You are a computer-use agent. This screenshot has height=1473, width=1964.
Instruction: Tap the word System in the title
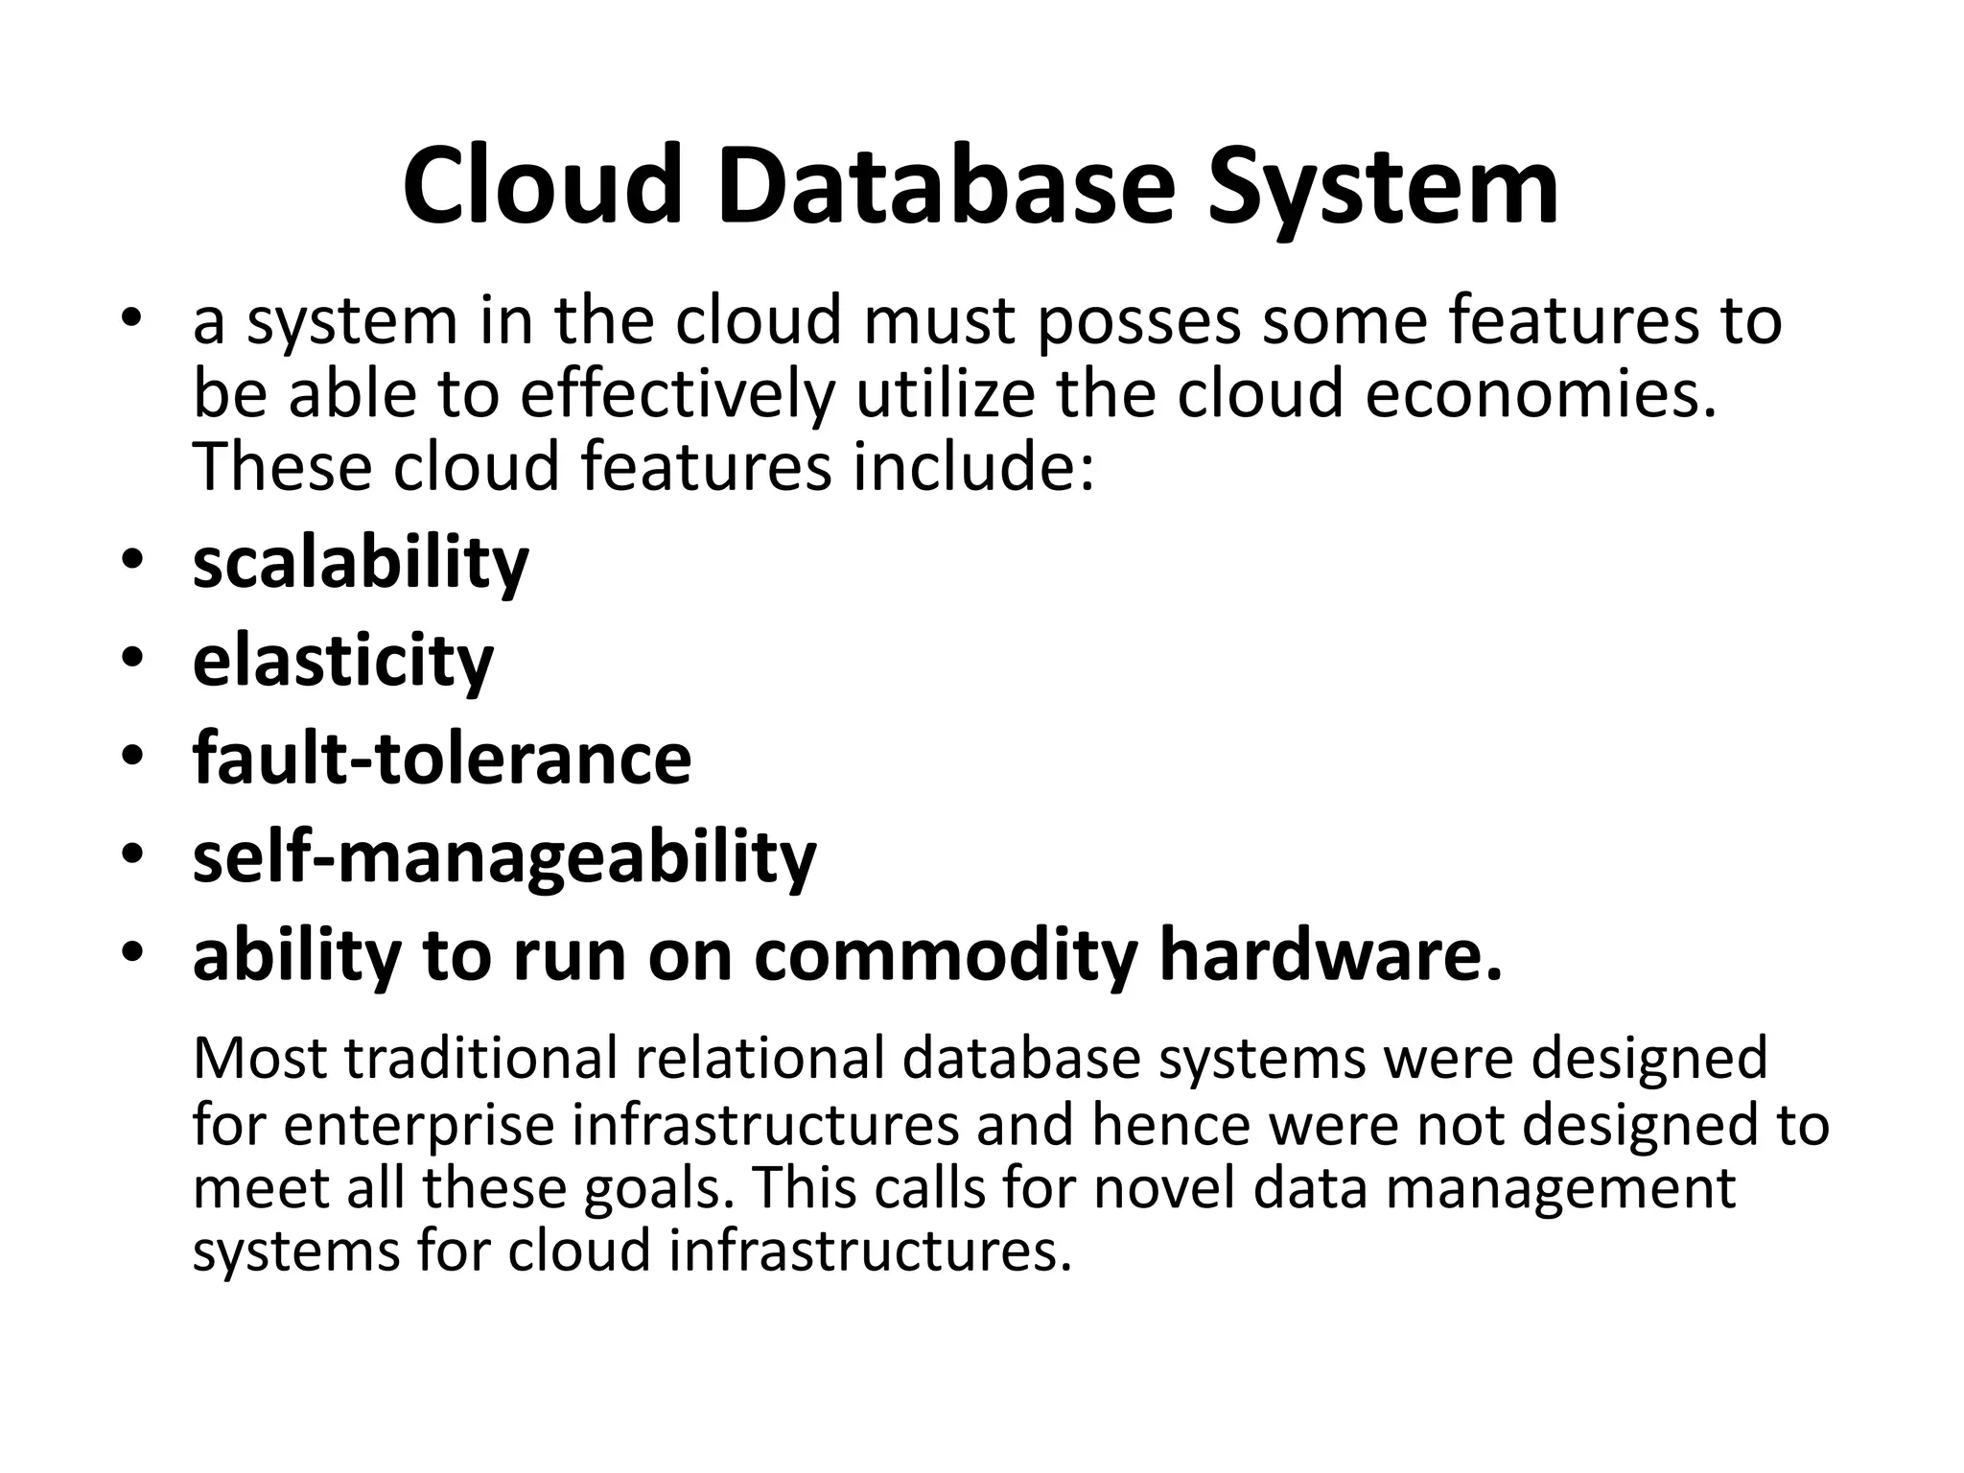(1382, 187)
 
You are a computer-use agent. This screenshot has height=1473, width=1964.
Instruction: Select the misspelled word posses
(1139, 321)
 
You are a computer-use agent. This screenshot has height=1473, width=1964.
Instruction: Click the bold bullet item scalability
(361, 563)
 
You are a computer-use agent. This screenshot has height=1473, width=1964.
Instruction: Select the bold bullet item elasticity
(343, 661)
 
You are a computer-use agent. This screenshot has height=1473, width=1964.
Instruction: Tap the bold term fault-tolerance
(442, 758)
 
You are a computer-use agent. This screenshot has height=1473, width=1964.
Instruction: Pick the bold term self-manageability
(504, 856)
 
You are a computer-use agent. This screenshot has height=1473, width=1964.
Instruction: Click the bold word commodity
(946, 956)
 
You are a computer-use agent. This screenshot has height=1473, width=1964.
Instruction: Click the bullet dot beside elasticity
(132, 660)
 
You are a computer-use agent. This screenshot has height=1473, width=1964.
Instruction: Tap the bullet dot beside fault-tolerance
(132, 758)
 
